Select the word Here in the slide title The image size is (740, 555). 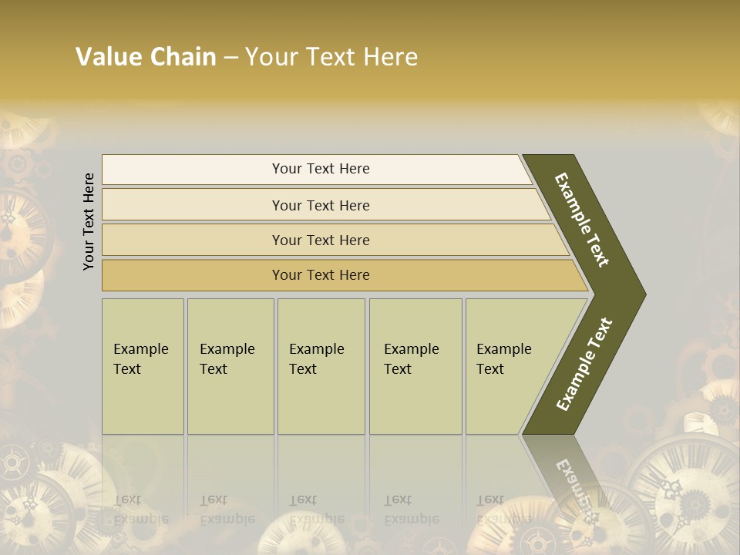(390, 57)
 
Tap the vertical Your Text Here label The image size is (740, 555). (89, 221)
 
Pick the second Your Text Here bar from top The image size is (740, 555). (321, 205)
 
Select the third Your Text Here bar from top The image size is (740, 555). (321, 240)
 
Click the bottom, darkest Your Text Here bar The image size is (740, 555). (321, 275)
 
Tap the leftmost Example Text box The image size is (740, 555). (143, 366)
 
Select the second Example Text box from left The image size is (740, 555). (230, 366)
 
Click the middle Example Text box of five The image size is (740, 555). (320, 366)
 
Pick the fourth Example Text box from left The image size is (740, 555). (415, 366)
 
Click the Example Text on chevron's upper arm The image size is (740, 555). (582, 220)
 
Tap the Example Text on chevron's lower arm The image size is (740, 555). (584, 365)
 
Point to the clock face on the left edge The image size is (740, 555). (19, 231)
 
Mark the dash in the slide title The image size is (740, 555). (230, 58)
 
